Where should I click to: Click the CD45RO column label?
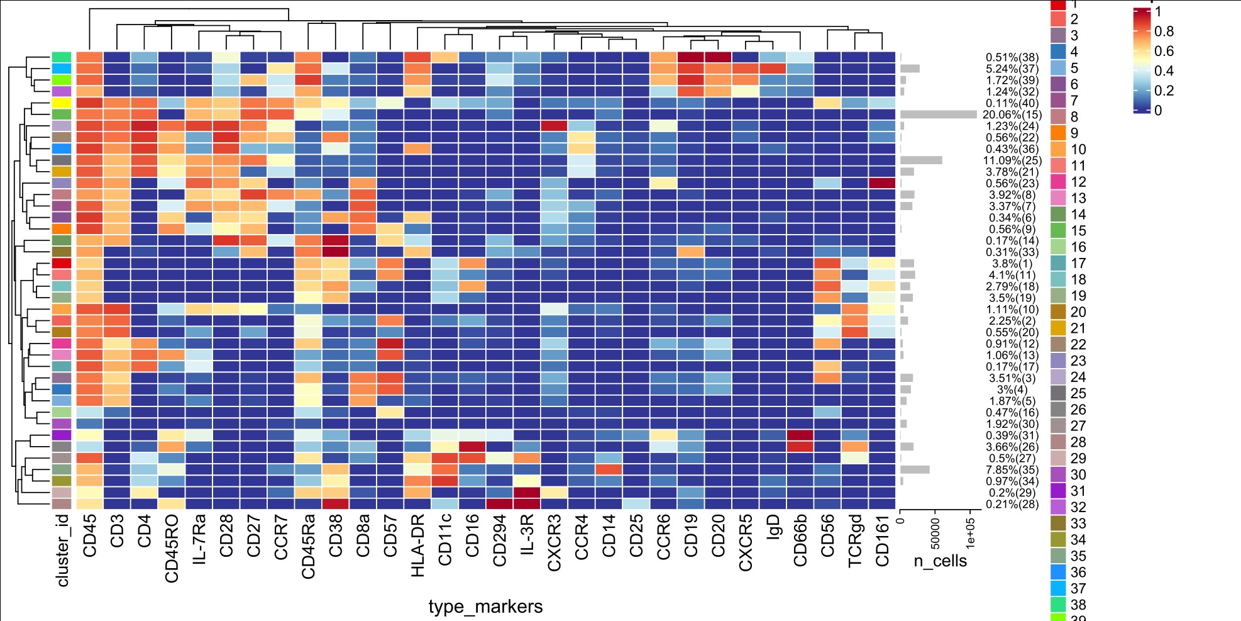click(172, 549)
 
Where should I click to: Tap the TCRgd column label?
click(855, 543)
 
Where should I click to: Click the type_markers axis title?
click(485, 607)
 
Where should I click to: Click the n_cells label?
click(940, 561)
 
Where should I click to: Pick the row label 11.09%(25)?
click(1012, 160)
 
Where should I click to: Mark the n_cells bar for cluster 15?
click(938, 115)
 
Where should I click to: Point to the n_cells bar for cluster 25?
click(921, 160)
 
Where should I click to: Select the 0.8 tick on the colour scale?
click(1164, 31)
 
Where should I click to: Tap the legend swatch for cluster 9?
click(1059, 133)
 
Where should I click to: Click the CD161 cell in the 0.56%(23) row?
click(882, 183)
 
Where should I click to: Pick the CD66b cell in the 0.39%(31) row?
click(800, 435)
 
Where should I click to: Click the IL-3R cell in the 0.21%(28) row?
click(527, 504)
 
